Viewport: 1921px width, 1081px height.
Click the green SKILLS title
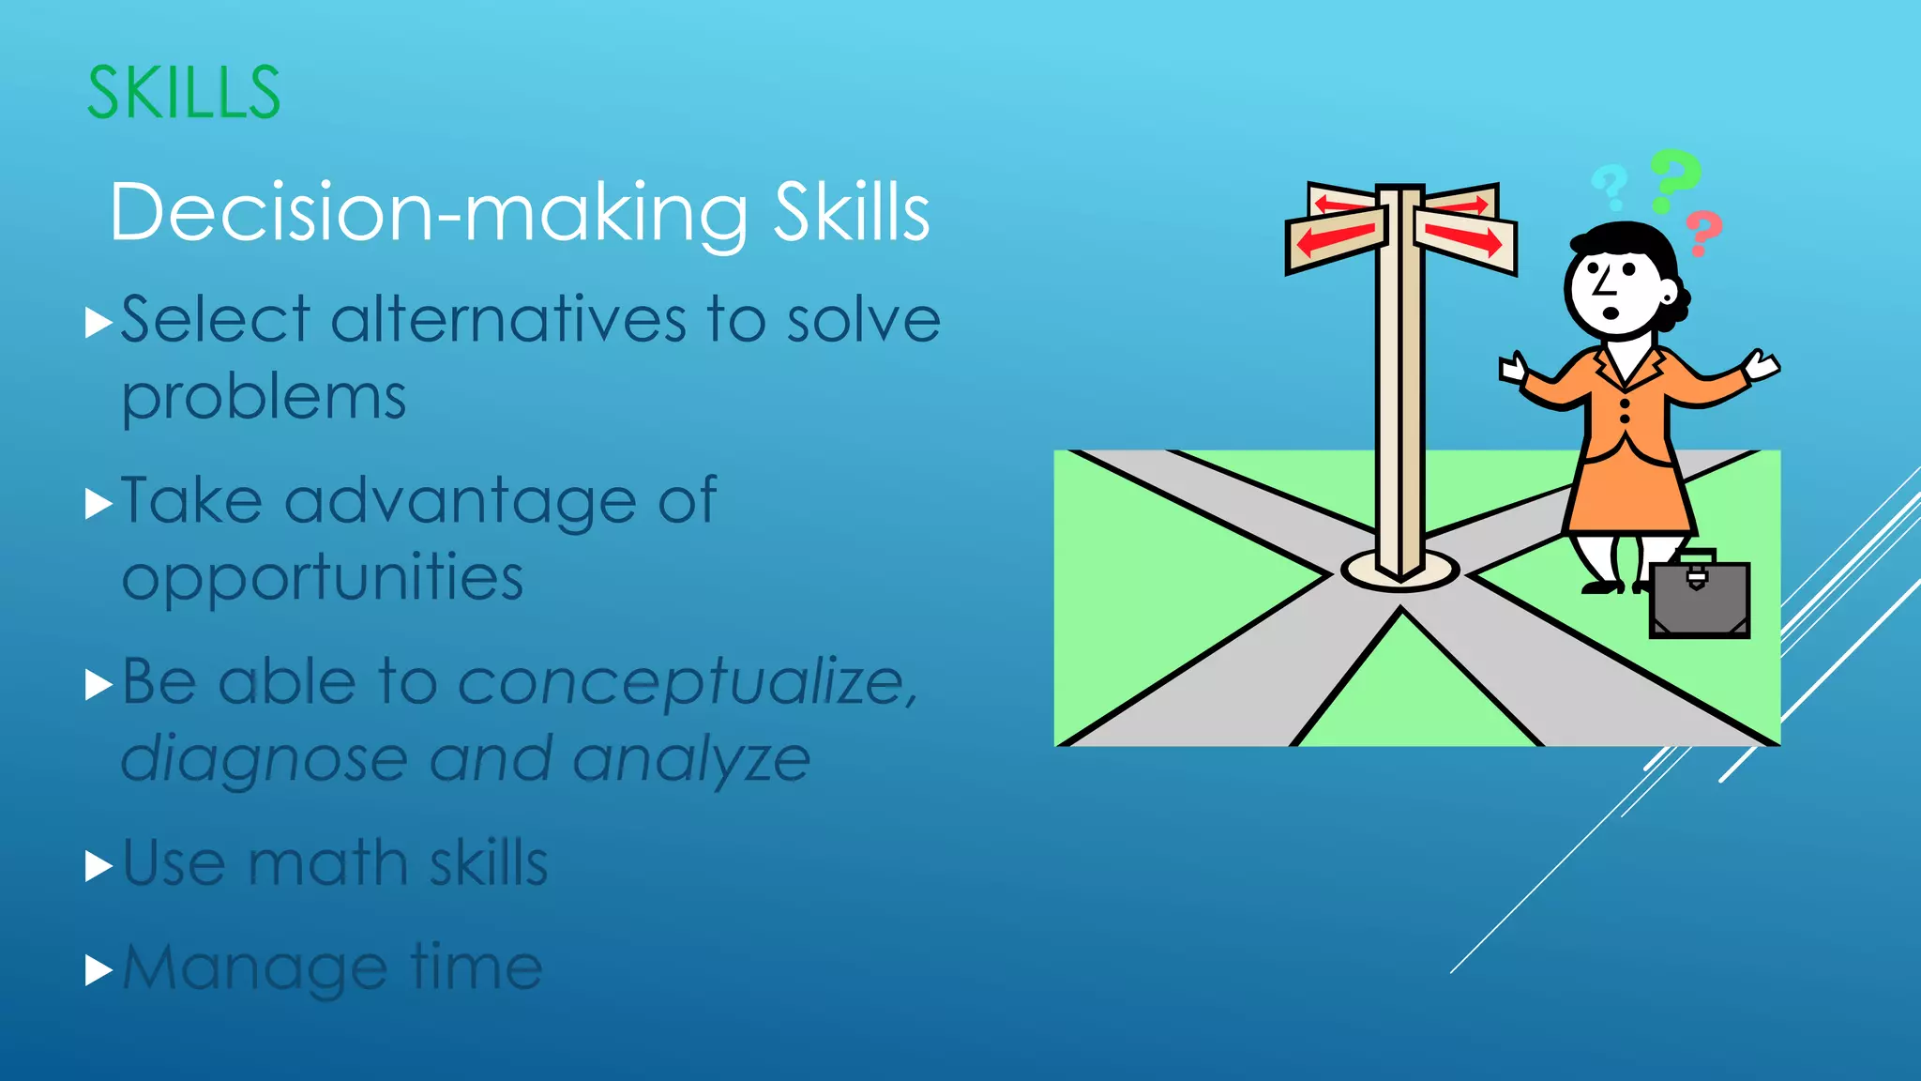(184, 93)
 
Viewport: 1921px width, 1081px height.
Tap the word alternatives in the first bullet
(508, 321)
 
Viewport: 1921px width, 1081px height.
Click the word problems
(264, 398)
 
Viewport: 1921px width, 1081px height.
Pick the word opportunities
(322, 578)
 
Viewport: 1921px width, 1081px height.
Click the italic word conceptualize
(685, 682)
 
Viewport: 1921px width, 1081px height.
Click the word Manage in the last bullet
(254, 968)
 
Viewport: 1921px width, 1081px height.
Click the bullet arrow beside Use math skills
(98, 865)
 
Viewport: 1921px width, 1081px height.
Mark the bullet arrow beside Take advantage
(98, 504)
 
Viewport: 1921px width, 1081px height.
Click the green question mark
(1673, 179)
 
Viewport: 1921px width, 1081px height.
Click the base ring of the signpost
(1399, 572)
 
